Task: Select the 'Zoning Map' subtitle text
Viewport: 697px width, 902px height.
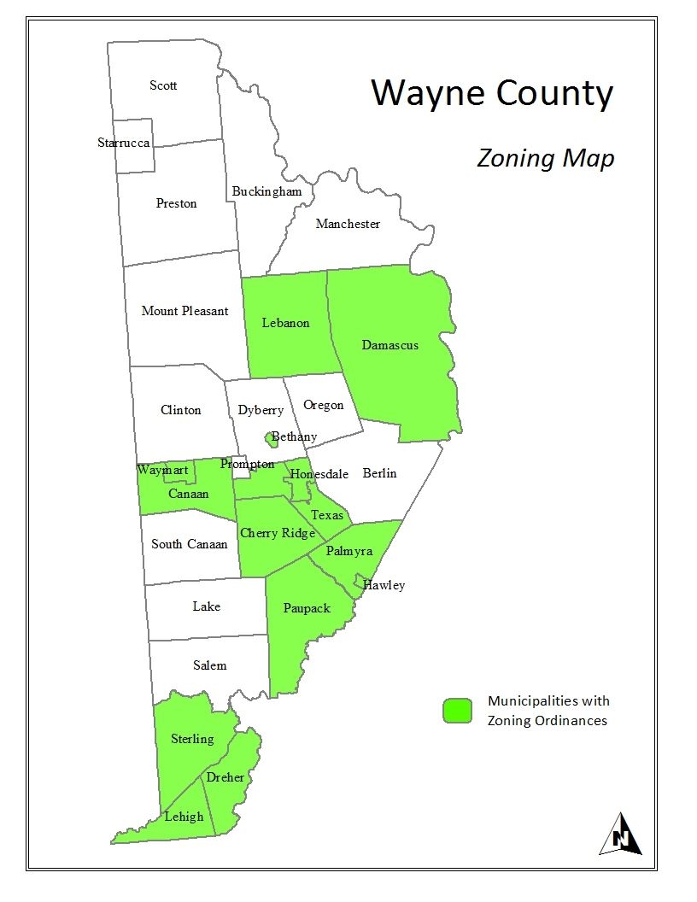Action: tap(545, 159)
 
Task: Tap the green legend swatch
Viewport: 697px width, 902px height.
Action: tap(457, 711)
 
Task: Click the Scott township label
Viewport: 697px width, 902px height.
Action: tap(163, 85)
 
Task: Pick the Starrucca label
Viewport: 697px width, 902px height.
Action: tap(124, 143)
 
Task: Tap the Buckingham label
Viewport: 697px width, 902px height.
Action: tap(266, 191)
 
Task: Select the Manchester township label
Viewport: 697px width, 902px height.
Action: tap(348, 224)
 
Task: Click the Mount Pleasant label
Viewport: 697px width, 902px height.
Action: tap(184, 311)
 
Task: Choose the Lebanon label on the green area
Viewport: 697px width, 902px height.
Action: tap(285, 323)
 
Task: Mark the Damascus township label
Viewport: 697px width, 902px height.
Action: tap(389, 345)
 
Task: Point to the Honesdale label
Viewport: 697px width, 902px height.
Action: tap(319, 474)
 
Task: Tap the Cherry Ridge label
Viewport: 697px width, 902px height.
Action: tap(278, 533)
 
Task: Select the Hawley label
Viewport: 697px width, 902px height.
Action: tap(384, 585)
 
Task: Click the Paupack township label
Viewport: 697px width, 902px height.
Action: tap(307, 608)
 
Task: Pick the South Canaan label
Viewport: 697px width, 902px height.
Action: tap(190, 544)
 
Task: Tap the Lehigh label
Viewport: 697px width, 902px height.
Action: tap(184, 816)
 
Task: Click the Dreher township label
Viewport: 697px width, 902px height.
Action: tap(225, 777)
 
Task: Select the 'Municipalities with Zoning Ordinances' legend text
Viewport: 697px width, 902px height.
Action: tap(548, 711)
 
